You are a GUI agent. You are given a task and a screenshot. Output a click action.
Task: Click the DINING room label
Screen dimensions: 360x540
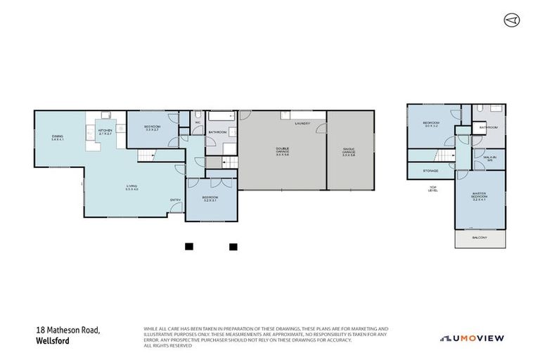57,139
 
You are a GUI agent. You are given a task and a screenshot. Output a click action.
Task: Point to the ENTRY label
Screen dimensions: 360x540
175,200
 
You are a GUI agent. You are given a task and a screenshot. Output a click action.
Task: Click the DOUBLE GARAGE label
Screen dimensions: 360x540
283,150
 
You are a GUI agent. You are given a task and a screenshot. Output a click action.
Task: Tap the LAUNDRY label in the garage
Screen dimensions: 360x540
302,123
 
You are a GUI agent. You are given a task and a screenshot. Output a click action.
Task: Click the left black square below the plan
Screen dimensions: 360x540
188,247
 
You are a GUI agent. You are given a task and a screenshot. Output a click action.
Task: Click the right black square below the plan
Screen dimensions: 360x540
233,247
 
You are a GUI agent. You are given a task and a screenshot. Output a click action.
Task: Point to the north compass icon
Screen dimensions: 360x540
511,20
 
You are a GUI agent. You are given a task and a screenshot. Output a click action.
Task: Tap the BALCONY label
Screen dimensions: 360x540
480,238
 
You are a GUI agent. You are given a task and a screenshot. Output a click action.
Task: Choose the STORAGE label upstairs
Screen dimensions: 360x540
431,171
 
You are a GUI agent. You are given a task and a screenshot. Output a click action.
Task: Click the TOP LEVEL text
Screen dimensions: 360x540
433,188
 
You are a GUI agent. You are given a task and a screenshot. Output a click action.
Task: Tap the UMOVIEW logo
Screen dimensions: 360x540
472,338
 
